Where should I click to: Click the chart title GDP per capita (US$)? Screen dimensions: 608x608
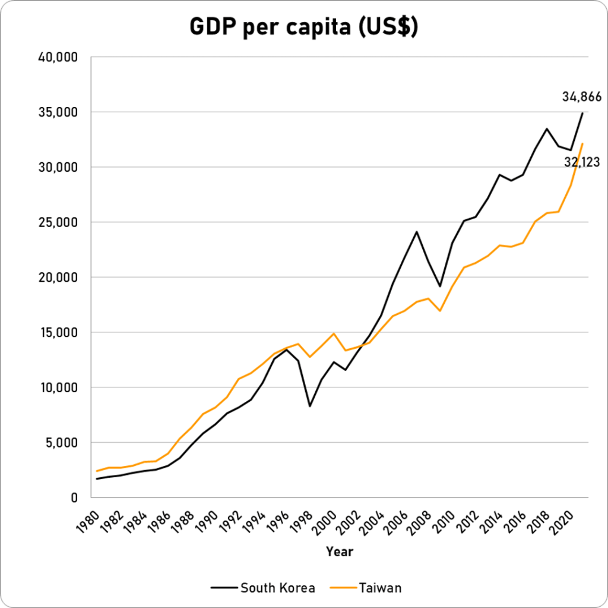pos(303,27)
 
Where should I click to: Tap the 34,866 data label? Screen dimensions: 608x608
pos(582,96)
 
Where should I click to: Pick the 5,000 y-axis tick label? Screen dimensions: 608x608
pos(62,443)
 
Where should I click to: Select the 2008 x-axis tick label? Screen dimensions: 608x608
pos(420,516)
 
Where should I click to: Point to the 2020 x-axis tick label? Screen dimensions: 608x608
pos(562,516)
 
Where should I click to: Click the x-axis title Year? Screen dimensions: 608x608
pos(339,552)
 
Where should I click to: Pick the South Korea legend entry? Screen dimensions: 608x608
pos(262,588)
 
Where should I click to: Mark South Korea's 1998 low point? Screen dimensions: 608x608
pos(309,406)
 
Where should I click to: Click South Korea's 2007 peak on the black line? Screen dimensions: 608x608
pos(416,232)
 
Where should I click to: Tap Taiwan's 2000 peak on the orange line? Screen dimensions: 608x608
pos(334,333)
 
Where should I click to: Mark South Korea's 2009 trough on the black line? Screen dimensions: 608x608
pos(440,286)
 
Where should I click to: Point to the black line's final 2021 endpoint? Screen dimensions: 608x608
pos(582,113)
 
